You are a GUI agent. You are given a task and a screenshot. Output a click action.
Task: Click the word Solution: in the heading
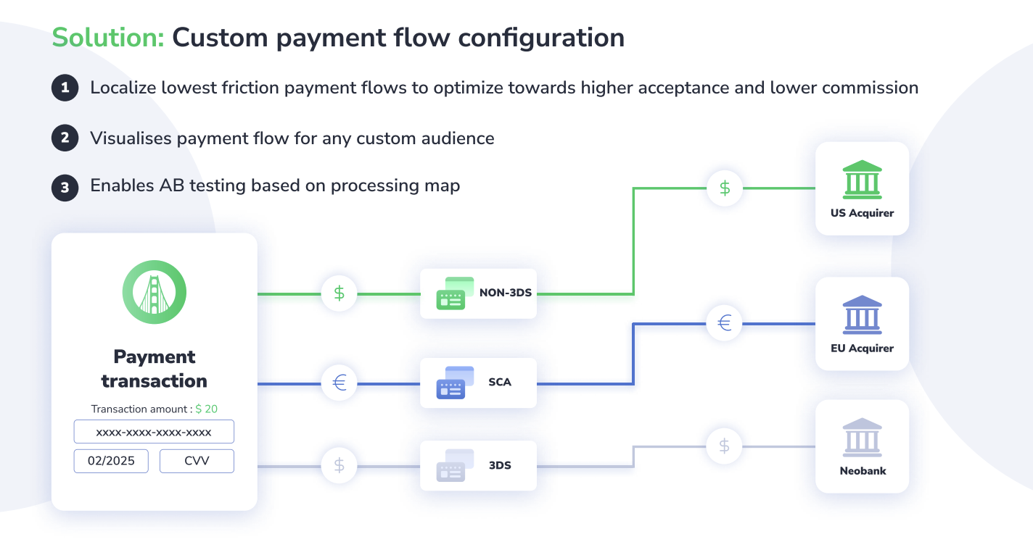click(108, 38)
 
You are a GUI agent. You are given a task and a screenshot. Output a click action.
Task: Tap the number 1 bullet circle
click(65, 88)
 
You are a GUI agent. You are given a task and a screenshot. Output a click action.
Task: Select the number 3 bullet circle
click(65, 187)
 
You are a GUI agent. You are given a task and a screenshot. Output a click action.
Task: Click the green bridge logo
click(155, 292)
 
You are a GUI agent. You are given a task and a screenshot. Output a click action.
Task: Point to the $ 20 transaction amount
click(207, 409)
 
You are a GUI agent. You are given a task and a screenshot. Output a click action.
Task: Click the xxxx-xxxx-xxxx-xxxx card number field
click(154, 432)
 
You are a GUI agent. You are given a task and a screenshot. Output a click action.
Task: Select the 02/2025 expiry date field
click(111, 461)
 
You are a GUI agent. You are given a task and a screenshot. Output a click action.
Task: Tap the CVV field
click(197, 461)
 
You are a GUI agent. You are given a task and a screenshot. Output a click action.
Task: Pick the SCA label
click(500, 382)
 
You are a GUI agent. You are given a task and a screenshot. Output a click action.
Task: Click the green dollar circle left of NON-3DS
click(339, 293)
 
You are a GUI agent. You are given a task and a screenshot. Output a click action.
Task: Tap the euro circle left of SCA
click(339, 382)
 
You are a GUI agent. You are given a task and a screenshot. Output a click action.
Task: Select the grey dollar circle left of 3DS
click(339, 465)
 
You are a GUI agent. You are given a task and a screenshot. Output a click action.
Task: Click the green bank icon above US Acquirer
click(862, 180)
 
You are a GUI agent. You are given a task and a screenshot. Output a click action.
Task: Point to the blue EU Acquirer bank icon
click(862, 315)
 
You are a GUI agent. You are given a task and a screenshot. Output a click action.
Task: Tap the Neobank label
click(863, 471)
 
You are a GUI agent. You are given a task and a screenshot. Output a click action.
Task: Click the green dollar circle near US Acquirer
click(725, 188)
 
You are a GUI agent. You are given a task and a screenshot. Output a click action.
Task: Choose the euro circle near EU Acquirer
click(725, 323)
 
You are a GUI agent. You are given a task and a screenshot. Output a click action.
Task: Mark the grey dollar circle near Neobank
click(725, 446)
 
